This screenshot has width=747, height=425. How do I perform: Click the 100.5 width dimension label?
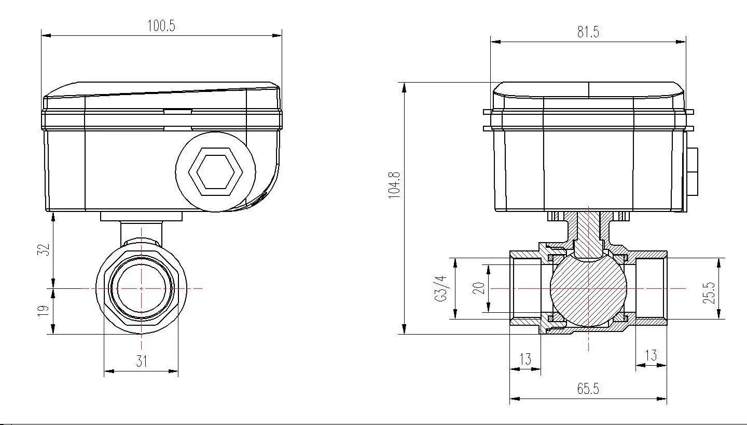[x=161, y=26]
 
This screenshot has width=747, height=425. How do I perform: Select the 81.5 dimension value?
[x=588, y=32]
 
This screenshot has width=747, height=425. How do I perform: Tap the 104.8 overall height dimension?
[x=395, y=184]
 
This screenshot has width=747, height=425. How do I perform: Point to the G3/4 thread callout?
[x=441, y=288]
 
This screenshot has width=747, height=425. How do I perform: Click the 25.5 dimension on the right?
[x=710, y=293]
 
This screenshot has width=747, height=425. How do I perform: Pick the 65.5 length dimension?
[x=588, y=389]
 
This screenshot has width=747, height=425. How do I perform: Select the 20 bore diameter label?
[x=479, y=288]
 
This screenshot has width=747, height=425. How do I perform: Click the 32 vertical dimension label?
[x=45, y=249]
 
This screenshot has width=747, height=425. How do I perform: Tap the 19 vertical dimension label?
[x=44, y=311]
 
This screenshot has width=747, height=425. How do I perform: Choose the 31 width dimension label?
[x=142, y=361]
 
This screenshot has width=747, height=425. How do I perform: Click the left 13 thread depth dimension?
[x=525, y=359]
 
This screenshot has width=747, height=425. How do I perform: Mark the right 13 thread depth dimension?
[x=651, y=355]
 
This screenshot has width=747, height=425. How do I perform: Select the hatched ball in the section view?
[x=588, y=288]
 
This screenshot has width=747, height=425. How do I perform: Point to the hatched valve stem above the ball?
[x=588, y=229]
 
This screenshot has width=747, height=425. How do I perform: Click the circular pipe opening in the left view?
[x=142, y=288]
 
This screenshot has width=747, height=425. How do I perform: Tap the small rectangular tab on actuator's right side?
[x=691, y=172]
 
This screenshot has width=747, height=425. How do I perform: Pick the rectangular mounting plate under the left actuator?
[x=141, y=216]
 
